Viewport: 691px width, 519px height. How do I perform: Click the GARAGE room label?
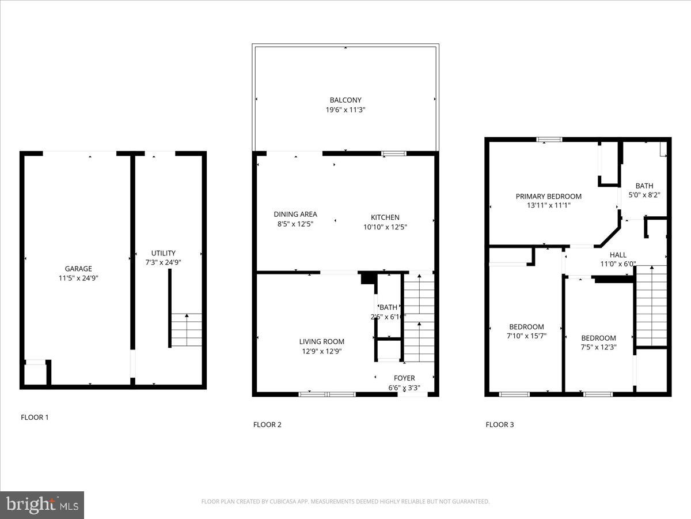coord(78,269)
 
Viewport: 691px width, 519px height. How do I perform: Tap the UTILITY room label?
coord(164,253)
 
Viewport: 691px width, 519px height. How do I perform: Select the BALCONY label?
coord(345,100)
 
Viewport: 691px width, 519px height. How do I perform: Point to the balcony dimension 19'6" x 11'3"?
coord(345,110)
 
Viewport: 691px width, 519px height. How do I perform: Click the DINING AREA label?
coord(295,215)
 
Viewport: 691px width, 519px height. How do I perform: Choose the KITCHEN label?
coord(385,217)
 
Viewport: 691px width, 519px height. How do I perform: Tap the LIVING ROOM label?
coord(321,341)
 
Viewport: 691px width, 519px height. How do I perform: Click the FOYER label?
coord(404,379)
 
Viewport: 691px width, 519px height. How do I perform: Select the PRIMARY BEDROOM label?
coord(548,196)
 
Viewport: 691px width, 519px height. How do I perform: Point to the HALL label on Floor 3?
coord(618,255)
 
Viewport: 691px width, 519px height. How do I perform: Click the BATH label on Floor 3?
coord(644,186)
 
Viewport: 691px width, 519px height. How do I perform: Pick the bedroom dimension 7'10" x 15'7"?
coord(526,336)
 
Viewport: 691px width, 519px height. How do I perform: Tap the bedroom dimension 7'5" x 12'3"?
coord(598,347)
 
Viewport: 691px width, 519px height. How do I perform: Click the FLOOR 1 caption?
coord(35,417)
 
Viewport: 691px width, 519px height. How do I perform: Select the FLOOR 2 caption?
coord(267,425)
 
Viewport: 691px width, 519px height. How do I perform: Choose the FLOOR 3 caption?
coord(499,425)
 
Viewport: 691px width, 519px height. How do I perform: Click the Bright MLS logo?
coord(42,505)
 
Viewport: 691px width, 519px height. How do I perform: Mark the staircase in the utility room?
coord(187,330)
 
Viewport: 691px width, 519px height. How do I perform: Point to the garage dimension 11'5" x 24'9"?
coord(78,278)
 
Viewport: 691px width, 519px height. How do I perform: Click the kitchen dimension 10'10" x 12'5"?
coord(385,227)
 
